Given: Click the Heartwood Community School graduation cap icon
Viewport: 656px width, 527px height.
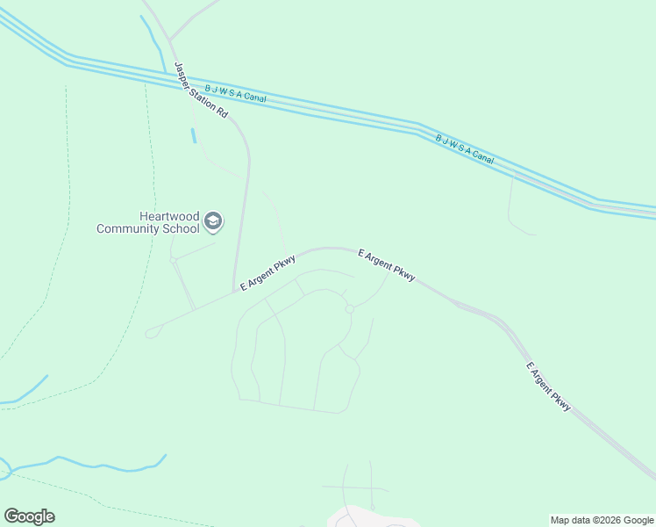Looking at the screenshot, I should (x=213, y=221).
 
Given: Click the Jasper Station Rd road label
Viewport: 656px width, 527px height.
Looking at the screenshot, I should (x=202, y=90).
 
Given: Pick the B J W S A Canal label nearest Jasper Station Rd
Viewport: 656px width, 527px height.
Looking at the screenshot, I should (x=235, y=93).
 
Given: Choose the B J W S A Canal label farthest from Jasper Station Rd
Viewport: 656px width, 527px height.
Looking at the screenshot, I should (x=465, y=149).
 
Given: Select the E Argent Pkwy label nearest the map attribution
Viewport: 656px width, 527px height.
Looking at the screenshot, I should (x=549, y=386).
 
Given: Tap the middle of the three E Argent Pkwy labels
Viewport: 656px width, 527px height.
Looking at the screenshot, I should (x=387, y=263).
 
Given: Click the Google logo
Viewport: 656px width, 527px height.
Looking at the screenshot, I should (x=29, y=516).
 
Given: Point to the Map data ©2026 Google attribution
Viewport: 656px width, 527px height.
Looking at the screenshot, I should (x=602, y=520).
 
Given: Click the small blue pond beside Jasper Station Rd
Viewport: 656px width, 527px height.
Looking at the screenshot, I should (x=193, y=136).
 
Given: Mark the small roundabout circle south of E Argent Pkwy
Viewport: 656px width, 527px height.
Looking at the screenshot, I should (x=349, y=308).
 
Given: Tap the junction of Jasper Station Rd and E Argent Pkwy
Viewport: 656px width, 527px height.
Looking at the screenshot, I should (x=235, y=292).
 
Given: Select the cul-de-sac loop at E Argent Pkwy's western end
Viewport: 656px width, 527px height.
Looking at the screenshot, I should (x=152, y=332).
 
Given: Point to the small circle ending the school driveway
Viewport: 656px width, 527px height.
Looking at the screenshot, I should (x=174, y=261).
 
